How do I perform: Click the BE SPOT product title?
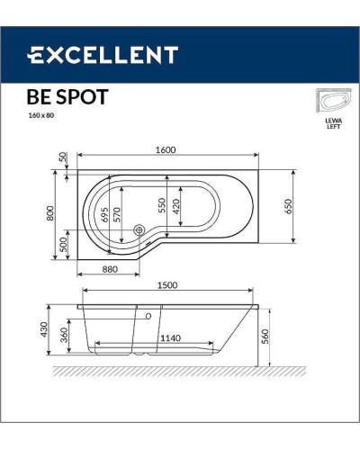[x=69, y=96]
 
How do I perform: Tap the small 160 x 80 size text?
[x=42, y=115]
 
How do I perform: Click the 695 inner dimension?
[x=106, y=213]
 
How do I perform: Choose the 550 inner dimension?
[x=163, y=207]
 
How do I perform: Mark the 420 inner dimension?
[x=177, y=207]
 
